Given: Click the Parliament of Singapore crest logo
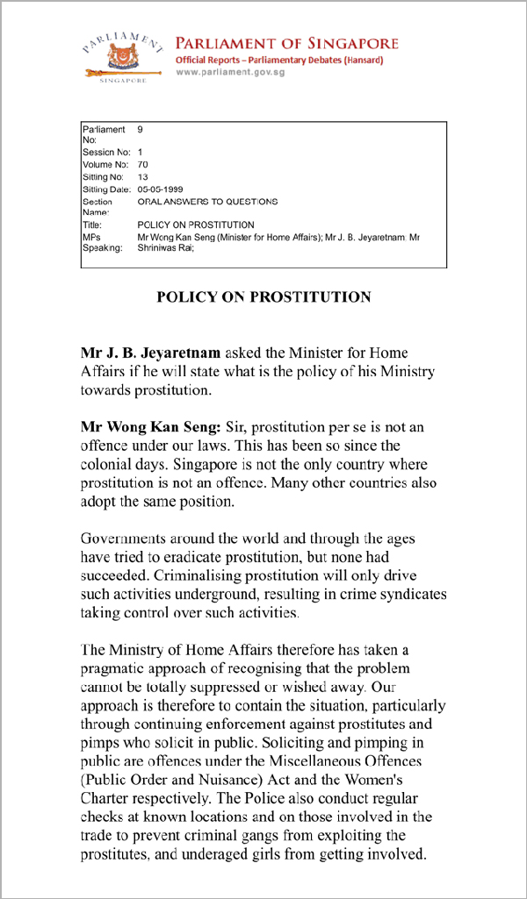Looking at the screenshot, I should point(122,55).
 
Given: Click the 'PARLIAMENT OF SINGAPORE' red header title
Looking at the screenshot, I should point(286,43).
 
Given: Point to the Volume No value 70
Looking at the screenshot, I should point(143,164).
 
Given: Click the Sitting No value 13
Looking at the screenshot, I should point(143,176).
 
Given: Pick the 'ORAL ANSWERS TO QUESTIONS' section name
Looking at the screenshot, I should point(207,201).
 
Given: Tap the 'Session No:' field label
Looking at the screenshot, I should point(105,152).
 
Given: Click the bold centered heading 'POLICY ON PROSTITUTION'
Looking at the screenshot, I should point(263,296).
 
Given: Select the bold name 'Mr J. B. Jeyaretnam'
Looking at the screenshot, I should point(151,353).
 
